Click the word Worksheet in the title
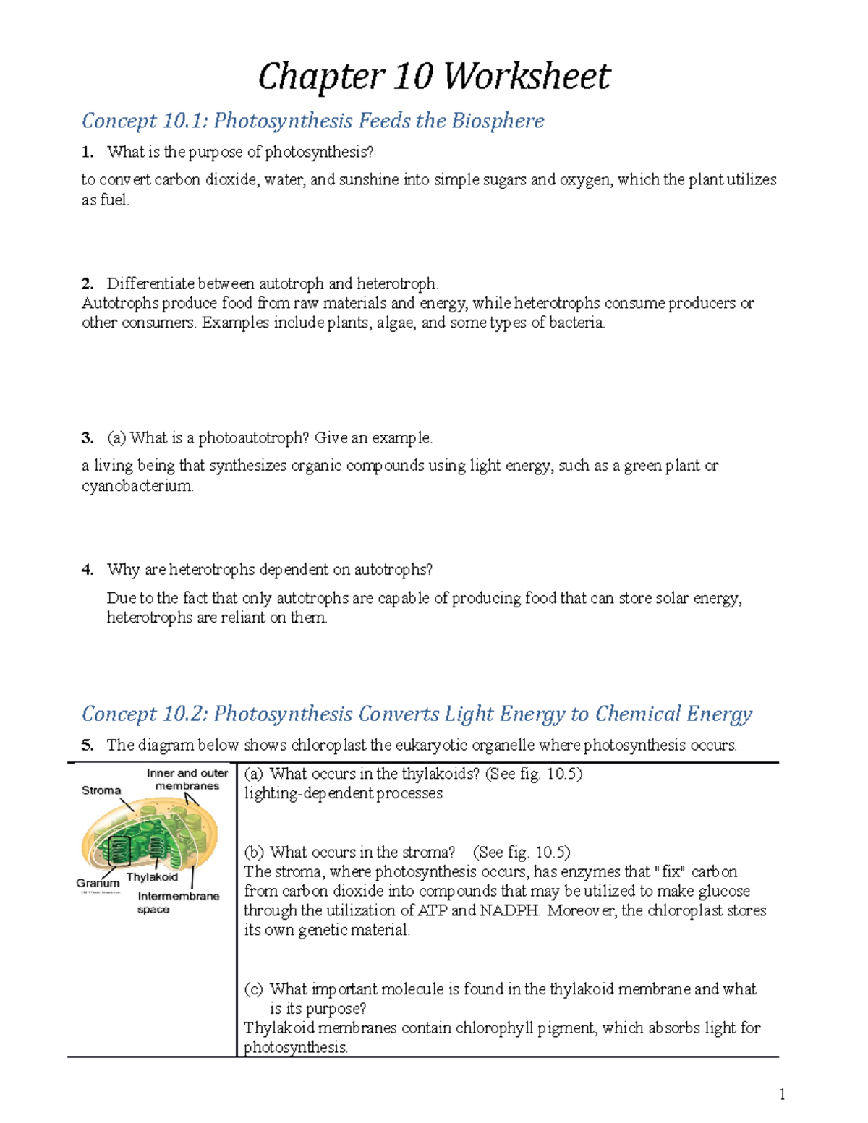(527, 77)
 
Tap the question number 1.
(88, 152)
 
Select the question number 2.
(88, 283)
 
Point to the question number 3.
(88, 438)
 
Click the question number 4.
(88, 570)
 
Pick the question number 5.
(88, 746)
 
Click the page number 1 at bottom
(782, 1094)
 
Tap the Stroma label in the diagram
(101, 790)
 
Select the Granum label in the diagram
(98, 883)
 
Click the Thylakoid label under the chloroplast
(152, 877)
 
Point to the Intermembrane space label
(178, 902)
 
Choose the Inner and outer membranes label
(187, 780)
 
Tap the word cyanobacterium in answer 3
(137, 486)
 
